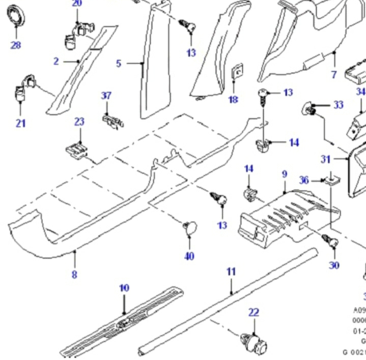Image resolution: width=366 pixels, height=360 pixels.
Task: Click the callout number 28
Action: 16,45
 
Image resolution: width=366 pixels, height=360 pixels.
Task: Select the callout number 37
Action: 106,96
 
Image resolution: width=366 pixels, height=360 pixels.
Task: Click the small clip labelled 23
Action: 76,150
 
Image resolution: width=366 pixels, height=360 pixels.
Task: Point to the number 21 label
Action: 20,123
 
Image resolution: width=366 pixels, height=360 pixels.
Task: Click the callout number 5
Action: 119,63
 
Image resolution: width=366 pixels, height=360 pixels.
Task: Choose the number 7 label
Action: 334,75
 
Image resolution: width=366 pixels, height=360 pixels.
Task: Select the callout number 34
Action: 360,92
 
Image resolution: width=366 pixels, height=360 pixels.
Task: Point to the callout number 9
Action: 285,174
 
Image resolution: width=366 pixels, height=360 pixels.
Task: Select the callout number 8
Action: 74,275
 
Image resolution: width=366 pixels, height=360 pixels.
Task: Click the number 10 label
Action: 124,288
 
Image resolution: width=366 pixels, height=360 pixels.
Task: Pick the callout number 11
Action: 231,272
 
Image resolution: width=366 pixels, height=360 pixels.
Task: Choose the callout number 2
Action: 56,61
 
